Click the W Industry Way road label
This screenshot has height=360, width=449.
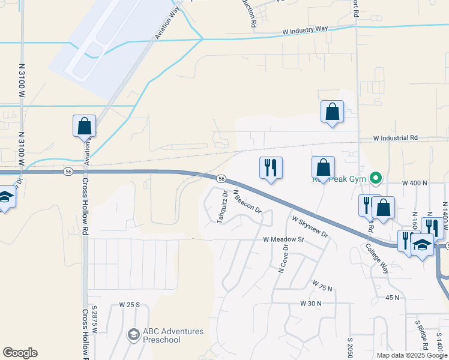pyautogui.click(x=305, y=29)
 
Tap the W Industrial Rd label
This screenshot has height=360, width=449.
pyautogui.click(x=395, y=138)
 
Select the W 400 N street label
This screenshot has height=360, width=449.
pyautogui.click(x=414, y=182)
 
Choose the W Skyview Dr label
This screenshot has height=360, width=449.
pyautogui.click(x=310, y=226)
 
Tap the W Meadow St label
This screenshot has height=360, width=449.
pyautogui.click(x=284, y=239)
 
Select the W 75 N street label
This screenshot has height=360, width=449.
pyautogui.click(x=322, y=285)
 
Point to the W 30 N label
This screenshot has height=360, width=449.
pyautogui.click(x=310, y=304)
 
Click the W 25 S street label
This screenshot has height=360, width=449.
pyautogui.click(x=129, y=305)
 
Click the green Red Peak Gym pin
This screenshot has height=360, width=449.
pyautogui.click(x=376, y=178)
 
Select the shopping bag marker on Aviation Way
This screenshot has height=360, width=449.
pyautogui.click(x=84, y=126)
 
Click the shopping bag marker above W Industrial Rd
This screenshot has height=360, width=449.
pyautogui.click(x=332, y=112)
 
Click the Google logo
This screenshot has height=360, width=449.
pyautogui.click(x=20, y=353)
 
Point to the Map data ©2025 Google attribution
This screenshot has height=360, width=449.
pyautogui.click(x=411, y=355)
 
